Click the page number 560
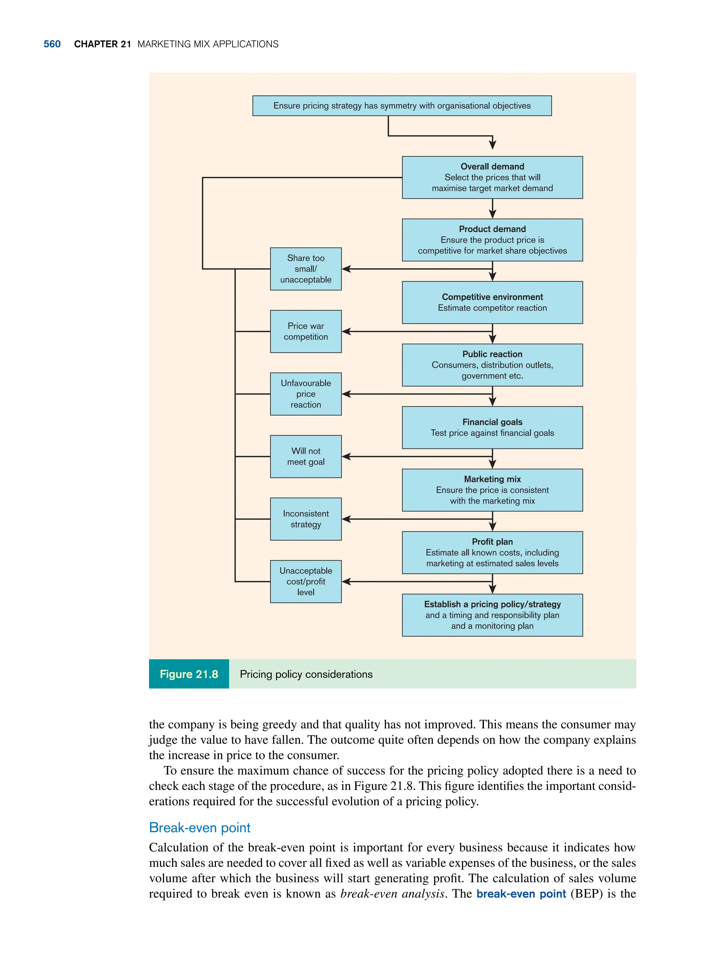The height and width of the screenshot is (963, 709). coord(52,44)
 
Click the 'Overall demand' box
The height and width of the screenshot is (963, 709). coord(492,177)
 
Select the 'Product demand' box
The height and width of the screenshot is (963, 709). coord(492,240)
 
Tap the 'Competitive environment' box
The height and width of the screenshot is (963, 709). coord(492,302)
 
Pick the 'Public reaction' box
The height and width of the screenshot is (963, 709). coord(492,365)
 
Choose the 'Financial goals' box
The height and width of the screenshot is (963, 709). coord(492,428)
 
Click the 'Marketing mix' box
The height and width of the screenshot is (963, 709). coord(492,490)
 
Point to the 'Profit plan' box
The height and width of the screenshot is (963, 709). coord(492,553)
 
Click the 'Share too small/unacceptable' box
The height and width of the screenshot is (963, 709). coord(306,269)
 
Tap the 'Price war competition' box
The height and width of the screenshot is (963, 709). coord(306,331)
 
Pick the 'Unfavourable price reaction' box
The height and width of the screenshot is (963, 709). coord(306,394)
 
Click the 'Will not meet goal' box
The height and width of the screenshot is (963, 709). coord(306,456)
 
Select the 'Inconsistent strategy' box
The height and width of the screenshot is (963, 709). coord(306,519)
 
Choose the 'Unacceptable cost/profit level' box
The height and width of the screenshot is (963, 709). coord(306,581)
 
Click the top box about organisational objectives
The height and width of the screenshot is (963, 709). coord(402,106)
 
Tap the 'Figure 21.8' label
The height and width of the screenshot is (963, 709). coord(189,674)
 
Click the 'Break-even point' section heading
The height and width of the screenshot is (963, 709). coord(199,827)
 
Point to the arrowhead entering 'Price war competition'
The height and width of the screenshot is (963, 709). coord(346,331)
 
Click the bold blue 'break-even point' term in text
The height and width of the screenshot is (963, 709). coord(521,893)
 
